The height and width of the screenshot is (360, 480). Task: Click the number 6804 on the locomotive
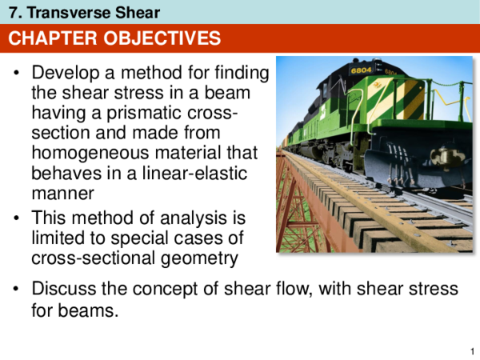click(362, 70)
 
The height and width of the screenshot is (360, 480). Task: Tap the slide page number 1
click(470, 350)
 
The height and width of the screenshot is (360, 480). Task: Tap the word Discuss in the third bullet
click(60, 289)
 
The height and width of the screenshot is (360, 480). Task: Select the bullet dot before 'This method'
click(18, 218)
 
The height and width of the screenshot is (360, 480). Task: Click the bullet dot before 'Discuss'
click(18, 289)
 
